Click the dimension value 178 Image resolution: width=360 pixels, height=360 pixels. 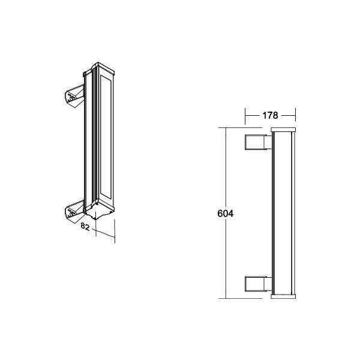click(270, 115)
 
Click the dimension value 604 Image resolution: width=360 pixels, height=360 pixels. click(225, 214)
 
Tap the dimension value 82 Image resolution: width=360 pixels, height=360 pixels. click(85, 227)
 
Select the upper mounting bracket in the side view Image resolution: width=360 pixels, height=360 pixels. click(258, 142)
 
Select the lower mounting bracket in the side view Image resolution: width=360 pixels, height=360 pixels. click(258, 284)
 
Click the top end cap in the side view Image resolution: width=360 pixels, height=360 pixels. click(283, 130)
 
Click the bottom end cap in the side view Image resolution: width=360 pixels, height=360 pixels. click(283, 296)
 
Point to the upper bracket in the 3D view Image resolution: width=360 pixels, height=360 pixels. click(74, 97)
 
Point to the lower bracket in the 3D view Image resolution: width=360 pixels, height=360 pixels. click(74, 212)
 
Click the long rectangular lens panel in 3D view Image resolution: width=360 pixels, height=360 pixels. click(106, 137)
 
